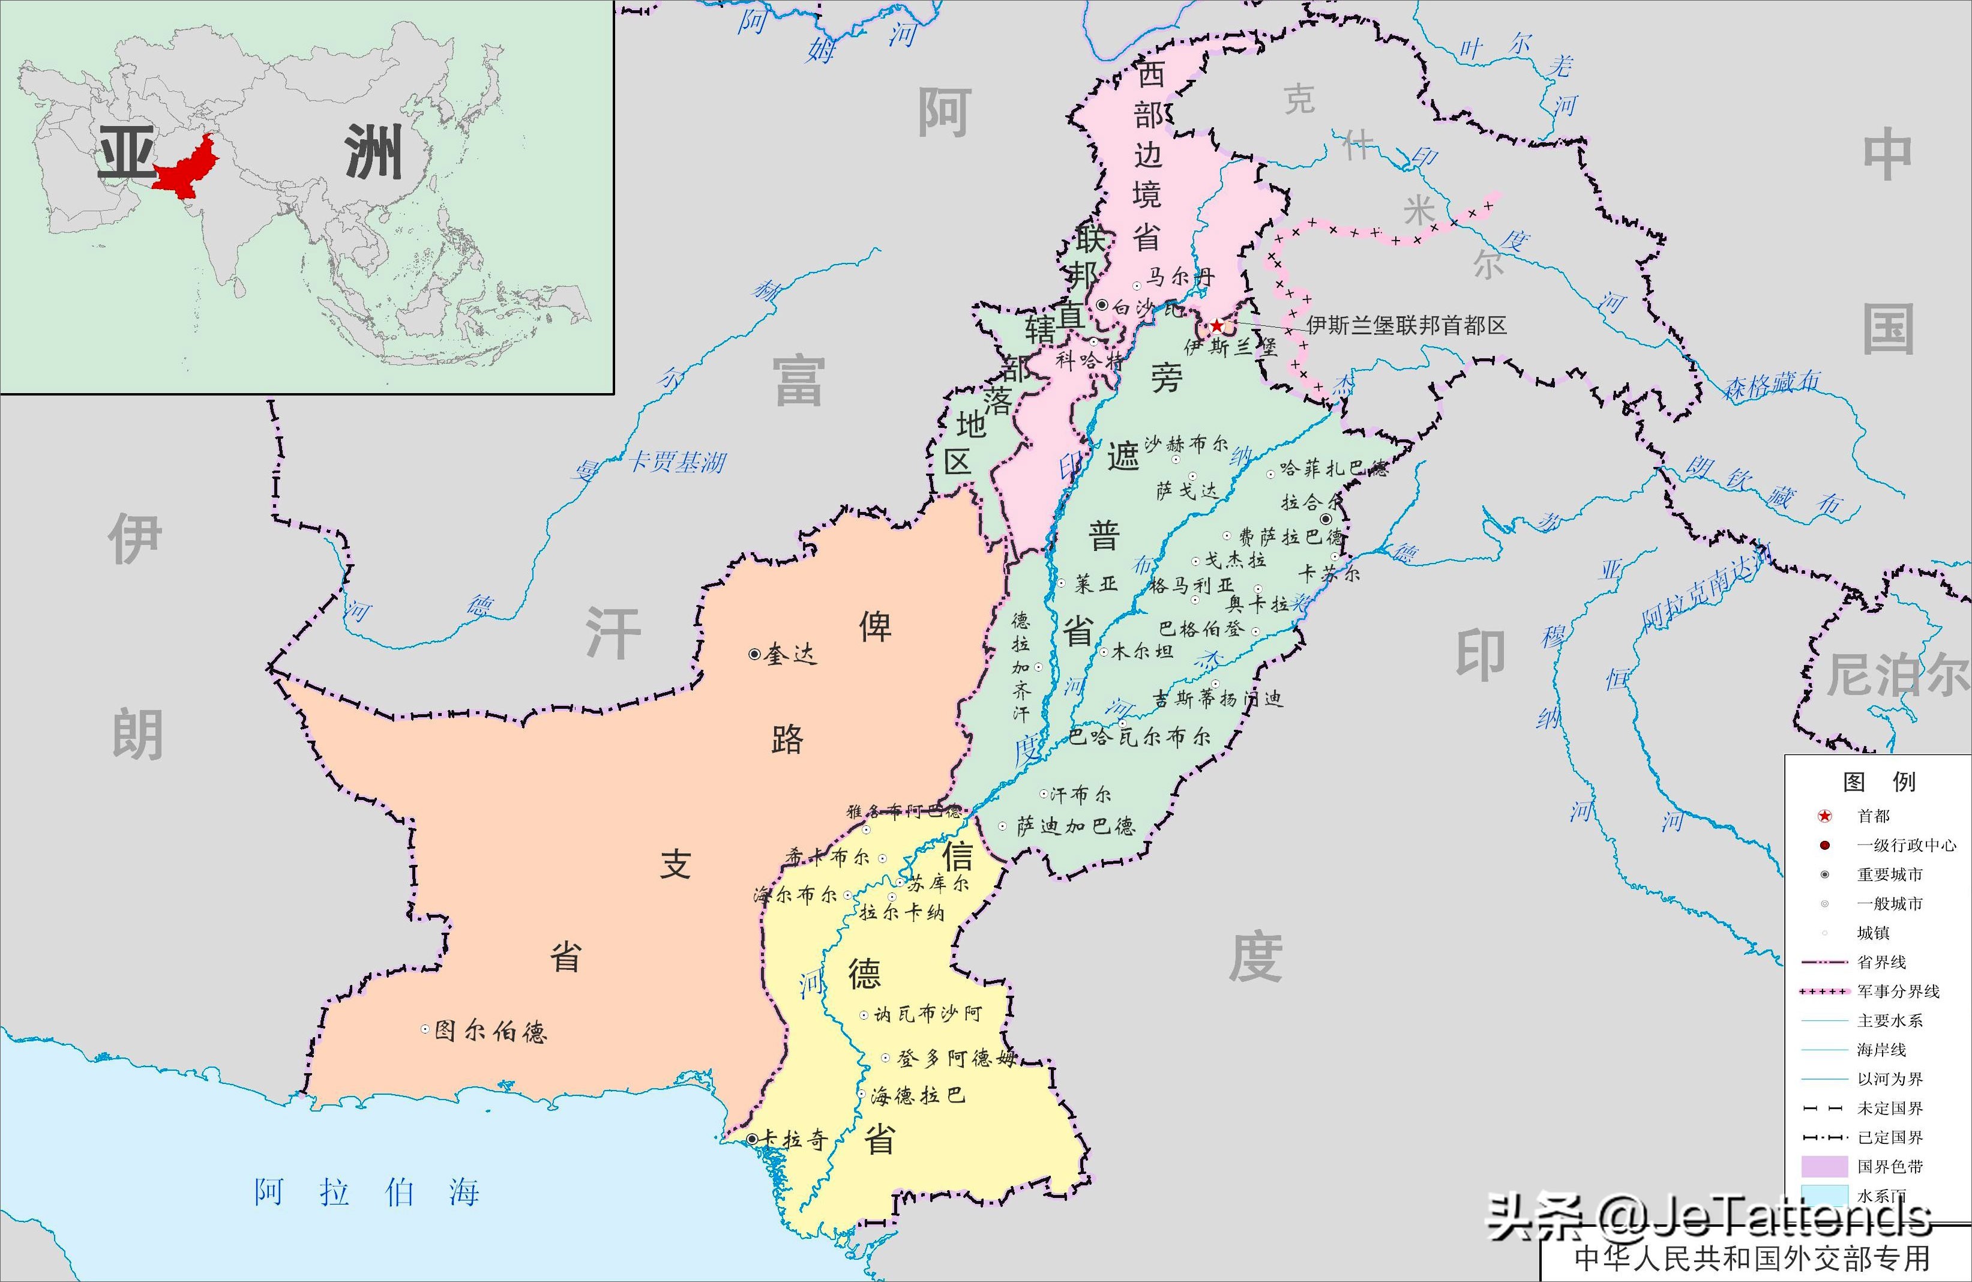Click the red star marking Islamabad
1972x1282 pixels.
pyautogui.click(x=1215, y=326)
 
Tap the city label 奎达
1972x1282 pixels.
pyautogui.click(x=790, y=654)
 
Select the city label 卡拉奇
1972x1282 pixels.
pyautogui.click(x=794, y=1140)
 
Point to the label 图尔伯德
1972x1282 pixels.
pyautogui.click(x=490, y=1031)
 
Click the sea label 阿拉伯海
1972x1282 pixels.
pyautogui.click(x=367, y=1193)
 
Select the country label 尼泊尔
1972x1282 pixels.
pyautogui.click(x=1898, y=674)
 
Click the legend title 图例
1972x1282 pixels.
pyautogui.click(x=1879, y=781)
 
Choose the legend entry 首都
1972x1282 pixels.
pyautogui.click(x=1874, y=816)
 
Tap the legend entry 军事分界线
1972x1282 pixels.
pyautogui.click(x=1898, y=991)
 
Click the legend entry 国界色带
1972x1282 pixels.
pyautogui.click(x=1890, y=1167)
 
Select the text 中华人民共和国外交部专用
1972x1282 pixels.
pyautogui.click(x=1752, y=1258)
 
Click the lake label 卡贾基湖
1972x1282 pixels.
pyautogui.click(x=678, y=462)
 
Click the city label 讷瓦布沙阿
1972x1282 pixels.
pyautogui.click(x=927, y=1014)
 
